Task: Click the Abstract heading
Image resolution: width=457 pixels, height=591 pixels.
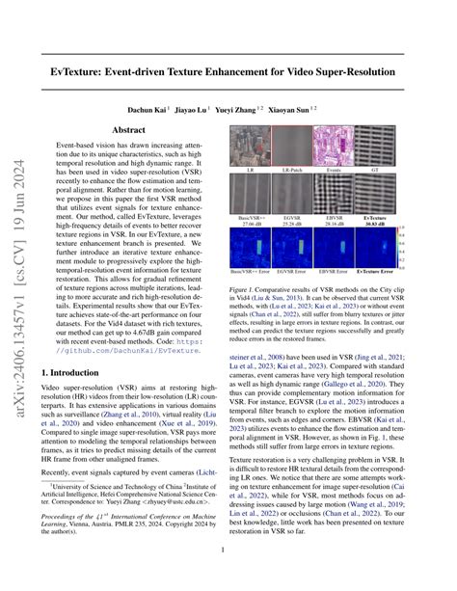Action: [129, 129]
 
